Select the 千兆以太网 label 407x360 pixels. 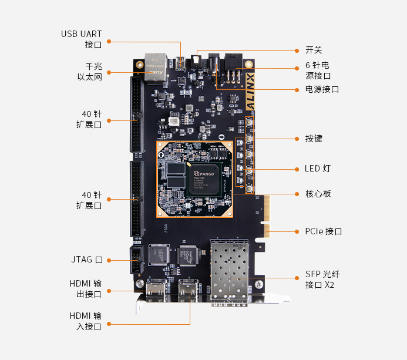point(89,72)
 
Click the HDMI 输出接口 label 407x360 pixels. point(85,289)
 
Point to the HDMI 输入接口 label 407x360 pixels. point(85,321)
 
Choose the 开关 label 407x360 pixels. point(314,51)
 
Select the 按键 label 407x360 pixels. point(314,139)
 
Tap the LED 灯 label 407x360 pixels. point(318,169)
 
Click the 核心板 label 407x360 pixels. point(318,193)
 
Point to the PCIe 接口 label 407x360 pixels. point(323,231)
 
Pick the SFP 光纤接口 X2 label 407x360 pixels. point(319,280)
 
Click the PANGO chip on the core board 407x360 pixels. point(203,174)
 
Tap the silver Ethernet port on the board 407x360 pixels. point(155,66)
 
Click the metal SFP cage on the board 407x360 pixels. point(230,271)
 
